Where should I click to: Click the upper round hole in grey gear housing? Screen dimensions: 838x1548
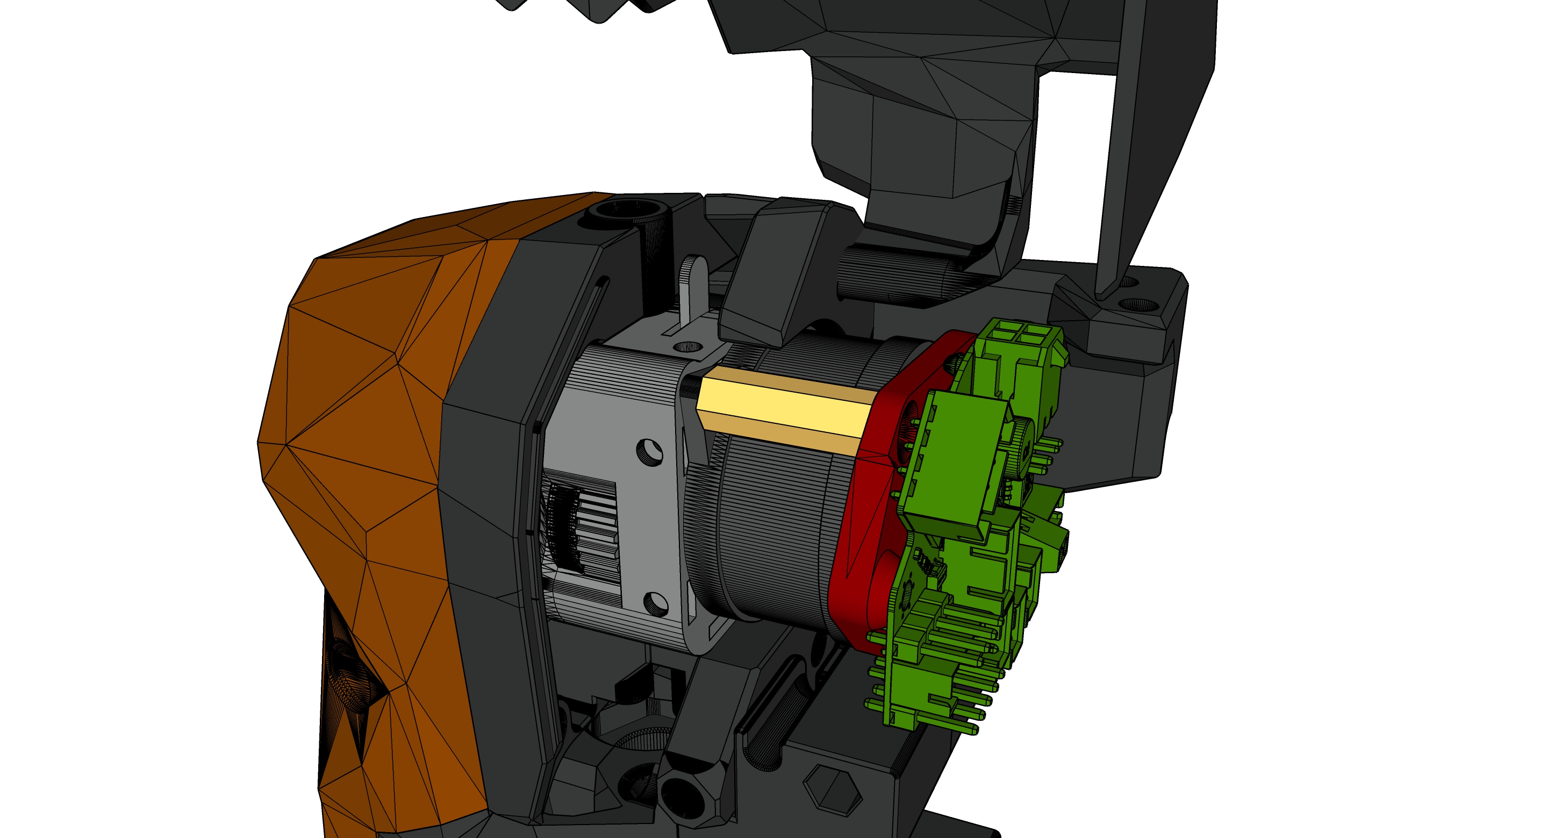pos(648,451)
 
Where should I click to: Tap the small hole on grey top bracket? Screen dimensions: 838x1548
pos(687,346)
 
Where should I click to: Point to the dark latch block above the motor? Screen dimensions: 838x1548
pos(775,270)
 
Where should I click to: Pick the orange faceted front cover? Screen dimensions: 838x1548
pos(372,421)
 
